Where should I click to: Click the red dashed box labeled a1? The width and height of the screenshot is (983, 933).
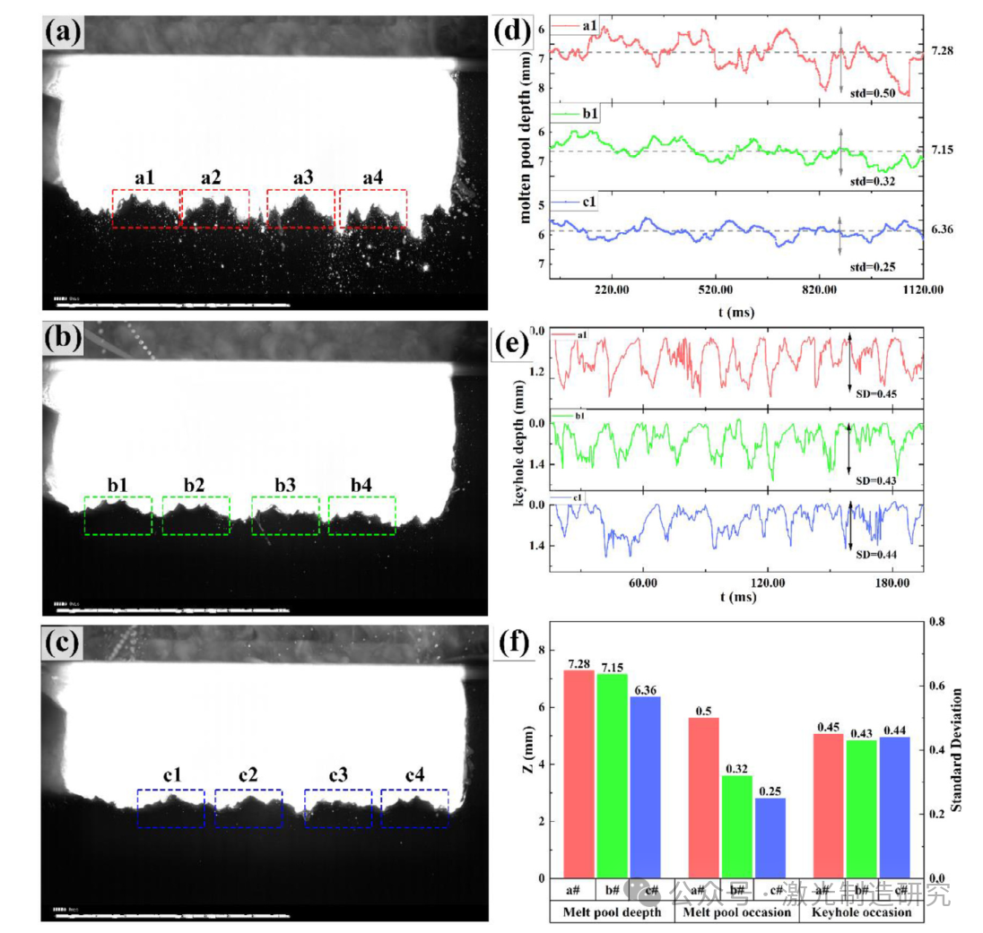click(x=145, y=208)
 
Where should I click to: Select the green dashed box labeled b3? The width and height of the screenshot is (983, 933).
click(x=285, y=515)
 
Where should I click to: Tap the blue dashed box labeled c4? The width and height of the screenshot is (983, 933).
click(x=414, y=808)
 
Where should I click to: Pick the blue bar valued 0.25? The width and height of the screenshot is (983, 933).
click(x=770, y=838)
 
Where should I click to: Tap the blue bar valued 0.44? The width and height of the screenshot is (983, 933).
click(x=894, y=808)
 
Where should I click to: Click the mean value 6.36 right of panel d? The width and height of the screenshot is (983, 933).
click(x=942, y=229)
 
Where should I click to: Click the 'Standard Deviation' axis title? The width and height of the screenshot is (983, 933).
click(x=958, y=750)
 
